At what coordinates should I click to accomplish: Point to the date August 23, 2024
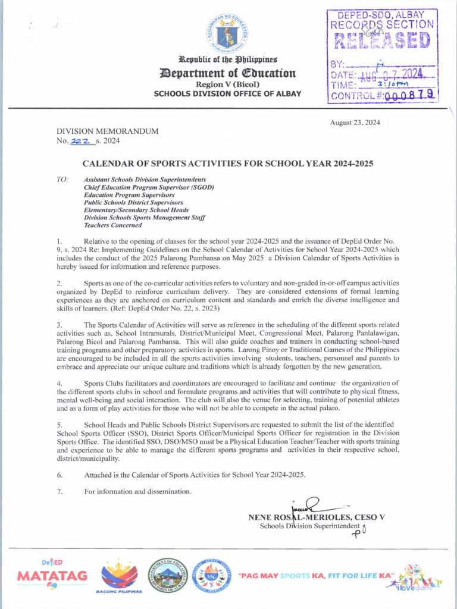pyautogui.click(x=355, y=123)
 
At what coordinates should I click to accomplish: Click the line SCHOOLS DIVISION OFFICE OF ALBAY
pyautogui.click(x=227, y=94)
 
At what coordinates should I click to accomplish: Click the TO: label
pyautogui.click(x=62, y=179)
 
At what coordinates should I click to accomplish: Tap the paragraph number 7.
pyautogui.click(x=60, y=491)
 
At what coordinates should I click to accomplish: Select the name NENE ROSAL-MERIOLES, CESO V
pyautogui.click(x=316, y=517)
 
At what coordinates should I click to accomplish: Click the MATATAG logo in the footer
pyautogui.click(x=52, y=575)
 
